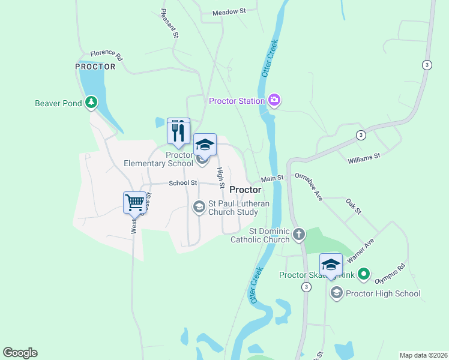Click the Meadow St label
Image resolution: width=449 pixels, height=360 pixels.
pos(229,11)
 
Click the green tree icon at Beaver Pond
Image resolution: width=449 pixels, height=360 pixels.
pos(91,103)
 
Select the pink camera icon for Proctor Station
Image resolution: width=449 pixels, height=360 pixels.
pos(274,100)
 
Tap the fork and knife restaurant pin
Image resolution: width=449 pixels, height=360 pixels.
pos(178,131)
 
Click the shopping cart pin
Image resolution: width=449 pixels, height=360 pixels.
pos(135,202)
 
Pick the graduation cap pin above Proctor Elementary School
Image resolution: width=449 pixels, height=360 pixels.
pos(205,145)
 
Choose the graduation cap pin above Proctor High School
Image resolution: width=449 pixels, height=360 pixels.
pos(331,265)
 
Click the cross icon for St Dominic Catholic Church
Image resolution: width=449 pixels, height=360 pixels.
pos(299,235)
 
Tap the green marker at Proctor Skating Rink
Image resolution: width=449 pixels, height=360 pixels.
pos(363,275)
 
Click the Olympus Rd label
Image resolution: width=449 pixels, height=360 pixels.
pos(390,273)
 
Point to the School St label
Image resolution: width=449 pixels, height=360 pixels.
pos(182,182)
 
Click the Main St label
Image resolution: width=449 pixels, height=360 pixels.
pos(272,178)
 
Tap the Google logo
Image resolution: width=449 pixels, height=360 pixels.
pos(20,353)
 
